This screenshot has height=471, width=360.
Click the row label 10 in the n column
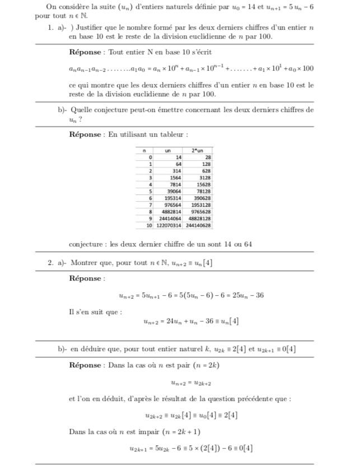coord(148,225)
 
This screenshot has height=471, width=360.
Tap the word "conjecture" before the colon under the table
coord(86,245)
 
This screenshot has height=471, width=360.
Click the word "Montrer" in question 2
coord(85,263)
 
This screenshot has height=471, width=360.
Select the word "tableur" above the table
coord(172,134)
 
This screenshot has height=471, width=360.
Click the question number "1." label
coord(50,26)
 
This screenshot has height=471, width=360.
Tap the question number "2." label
coord(50,263)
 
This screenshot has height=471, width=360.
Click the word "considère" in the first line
coord(79,7)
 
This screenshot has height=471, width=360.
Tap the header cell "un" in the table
coord(167,151)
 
